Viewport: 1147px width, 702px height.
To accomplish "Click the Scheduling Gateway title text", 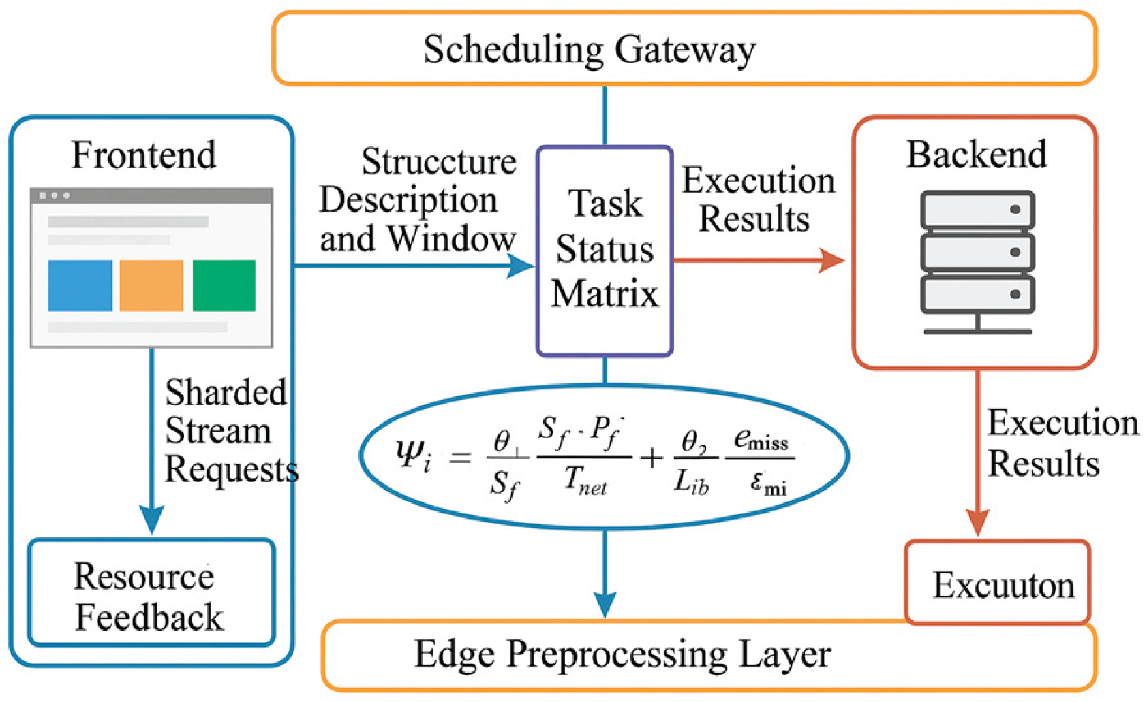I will coord(589,49).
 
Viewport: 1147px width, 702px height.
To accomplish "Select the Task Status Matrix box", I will coord(605,250).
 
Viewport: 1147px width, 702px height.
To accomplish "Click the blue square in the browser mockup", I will coord(80,285).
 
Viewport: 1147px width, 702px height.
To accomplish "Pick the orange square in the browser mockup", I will coord(151,285).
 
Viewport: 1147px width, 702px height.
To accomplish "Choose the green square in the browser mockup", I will coord(224,285).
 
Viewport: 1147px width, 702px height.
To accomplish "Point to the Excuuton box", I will coord(999,584).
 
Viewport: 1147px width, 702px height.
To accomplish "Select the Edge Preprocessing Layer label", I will coord(622,654).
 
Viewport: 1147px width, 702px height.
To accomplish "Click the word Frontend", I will coord(144,155).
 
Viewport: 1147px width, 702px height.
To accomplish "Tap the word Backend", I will coord(976,155).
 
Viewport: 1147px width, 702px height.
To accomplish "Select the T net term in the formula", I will coord(585,481).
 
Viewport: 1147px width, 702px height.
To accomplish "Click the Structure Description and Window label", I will coord(418,200).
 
